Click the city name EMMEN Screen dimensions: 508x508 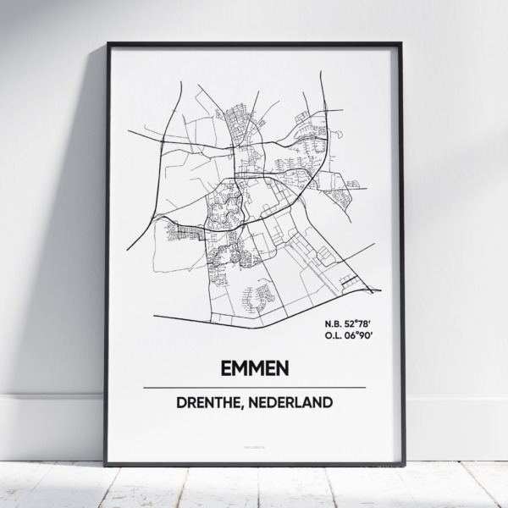254,368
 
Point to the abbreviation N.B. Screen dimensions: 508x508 333,323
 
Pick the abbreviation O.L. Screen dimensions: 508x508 333,336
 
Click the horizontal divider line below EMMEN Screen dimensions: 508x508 254,386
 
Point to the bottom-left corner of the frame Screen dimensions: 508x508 106,464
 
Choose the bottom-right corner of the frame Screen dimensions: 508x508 403,464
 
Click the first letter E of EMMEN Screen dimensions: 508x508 224,368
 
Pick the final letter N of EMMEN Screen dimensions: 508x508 284,368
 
